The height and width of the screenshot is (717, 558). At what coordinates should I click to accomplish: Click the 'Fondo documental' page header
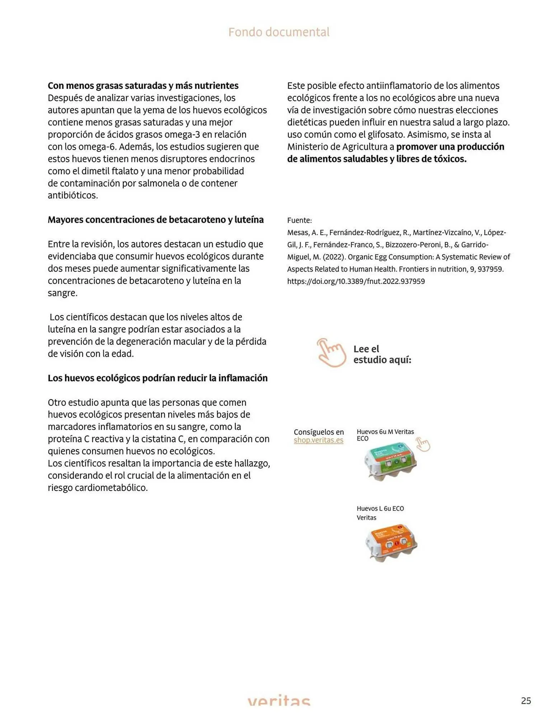[279, 32]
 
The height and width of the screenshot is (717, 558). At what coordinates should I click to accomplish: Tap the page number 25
[526, 701]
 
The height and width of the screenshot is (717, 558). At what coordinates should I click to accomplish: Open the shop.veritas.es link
[318, 440]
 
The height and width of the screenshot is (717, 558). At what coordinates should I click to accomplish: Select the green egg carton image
[390, 460]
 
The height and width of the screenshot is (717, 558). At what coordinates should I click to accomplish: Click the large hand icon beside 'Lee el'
[331, 353]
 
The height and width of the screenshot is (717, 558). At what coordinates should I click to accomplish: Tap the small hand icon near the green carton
[423, 445]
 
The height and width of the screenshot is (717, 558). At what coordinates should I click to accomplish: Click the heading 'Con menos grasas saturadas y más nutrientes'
[143, 86]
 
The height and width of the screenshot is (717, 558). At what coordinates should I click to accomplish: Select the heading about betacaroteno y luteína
[155, 220]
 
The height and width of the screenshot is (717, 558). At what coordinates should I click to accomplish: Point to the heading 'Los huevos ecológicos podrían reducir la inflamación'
[158, 378]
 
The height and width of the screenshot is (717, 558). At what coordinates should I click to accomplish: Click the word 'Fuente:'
[299, 220]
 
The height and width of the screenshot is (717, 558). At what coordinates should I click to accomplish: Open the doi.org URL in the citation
[356, 281]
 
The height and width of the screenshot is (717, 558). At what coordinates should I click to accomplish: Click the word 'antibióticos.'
[73, 195]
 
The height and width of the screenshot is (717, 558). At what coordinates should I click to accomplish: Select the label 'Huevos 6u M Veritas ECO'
[385, 435]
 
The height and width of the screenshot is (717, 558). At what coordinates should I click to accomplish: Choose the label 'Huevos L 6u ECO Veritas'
[380, 513]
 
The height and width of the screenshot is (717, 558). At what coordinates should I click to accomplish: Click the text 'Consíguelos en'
[319, 432]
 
